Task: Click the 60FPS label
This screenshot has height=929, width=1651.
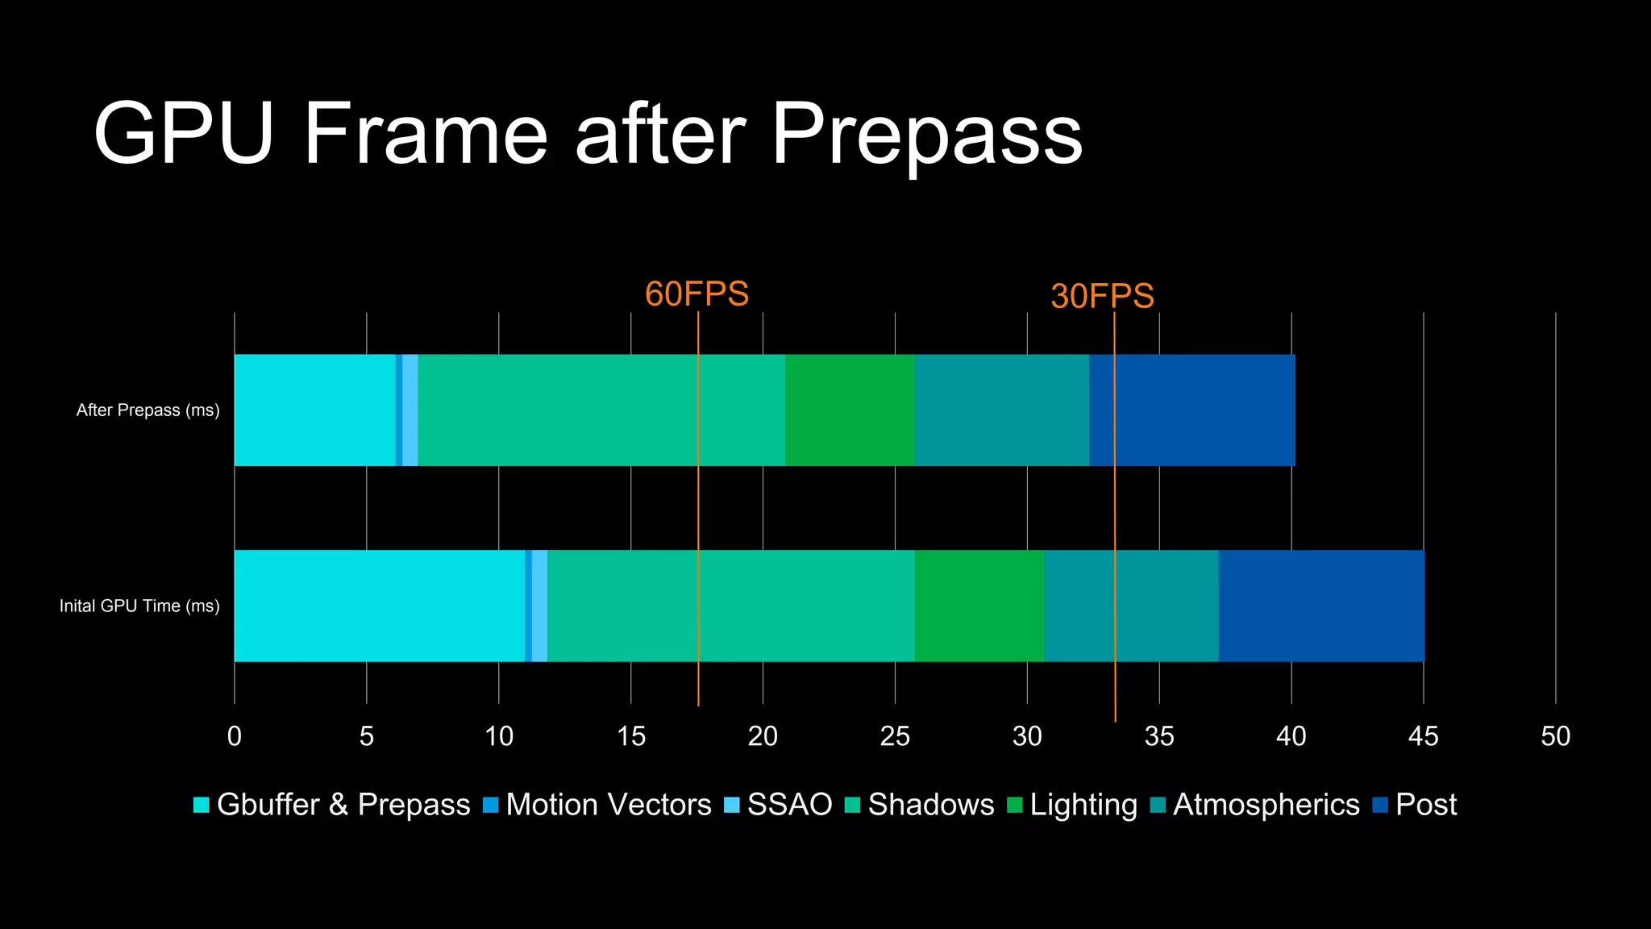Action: click(697, 294)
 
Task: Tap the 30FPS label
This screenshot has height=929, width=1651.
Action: click(1102, 296)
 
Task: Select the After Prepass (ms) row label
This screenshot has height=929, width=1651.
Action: click(148, 410)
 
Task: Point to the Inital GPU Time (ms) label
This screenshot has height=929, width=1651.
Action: click(139, 606)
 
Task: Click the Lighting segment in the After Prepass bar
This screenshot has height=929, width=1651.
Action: click(850, 410)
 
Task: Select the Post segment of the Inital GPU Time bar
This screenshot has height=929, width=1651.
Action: click(1321, 606)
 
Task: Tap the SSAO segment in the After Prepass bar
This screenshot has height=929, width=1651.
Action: click(410, 410)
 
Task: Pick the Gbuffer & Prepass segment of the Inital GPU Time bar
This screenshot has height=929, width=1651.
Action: click(379, 606)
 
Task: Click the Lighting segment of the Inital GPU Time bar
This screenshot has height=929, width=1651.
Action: click(979, 606)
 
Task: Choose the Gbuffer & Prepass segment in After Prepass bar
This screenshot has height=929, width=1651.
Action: click(314, 410)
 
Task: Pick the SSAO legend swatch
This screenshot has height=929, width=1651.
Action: click(732, 805)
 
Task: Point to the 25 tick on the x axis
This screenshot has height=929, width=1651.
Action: click(895, 736)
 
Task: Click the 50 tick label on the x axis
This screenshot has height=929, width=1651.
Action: click(1555, 736)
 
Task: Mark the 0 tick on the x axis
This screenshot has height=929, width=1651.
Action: click(235, 736)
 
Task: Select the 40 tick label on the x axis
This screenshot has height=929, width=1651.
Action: click(1291, 736)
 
